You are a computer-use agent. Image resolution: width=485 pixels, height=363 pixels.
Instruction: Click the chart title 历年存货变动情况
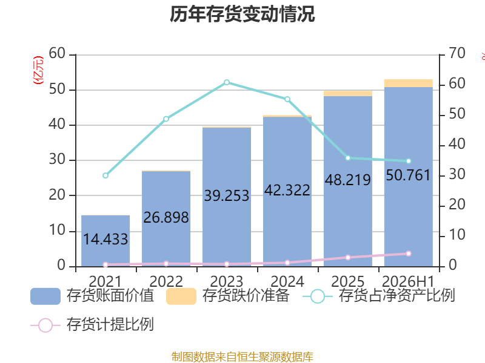click(242, 14)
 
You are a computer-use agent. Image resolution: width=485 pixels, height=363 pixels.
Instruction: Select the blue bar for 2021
click(105, 241)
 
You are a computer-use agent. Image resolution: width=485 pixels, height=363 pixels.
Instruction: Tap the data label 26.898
click(166, 217)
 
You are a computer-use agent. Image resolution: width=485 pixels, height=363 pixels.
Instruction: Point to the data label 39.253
click(227, 195)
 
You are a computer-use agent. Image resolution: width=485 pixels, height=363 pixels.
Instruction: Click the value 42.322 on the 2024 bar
click(287, 190)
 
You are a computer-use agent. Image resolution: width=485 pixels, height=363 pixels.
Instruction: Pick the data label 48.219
click(347, 180)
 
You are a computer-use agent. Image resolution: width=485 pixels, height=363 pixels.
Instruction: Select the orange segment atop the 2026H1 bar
click(408, 83)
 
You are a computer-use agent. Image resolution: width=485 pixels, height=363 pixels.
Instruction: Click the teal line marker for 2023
click(227, 82)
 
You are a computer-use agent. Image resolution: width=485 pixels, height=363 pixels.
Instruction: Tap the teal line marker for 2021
click(105, 175)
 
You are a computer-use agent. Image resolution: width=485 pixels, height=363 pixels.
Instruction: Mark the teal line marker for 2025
click(347, 158)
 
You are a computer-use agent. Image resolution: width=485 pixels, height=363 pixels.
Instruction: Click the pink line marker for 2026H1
click(408, 253)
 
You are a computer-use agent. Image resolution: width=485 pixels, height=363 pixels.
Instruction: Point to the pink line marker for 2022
click(166, 264)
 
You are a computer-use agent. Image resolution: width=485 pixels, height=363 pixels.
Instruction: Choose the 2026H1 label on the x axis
click(408, 281)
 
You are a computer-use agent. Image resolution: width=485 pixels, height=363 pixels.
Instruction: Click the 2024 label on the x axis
click(287, 281)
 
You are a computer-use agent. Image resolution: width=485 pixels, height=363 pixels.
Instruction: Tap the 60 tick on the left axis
click(57, 53)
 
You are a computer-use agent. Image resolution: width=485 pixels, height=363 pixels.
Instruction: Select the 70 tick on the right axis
click(457, 53)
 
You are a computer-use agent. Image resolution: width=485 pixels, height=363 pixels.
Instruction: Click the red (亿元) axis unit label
click(38, 70)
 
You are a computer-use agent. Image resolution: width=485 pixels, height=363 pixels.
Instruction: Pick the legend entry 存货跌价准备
click(228, 296)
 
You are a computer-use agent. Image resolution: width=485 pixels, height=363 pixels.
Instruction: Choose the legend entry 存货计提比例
click(92, 325)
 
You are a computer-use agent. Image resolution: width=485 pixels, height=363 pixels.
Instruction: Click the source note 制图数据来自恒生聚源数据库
click(242, 357)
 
